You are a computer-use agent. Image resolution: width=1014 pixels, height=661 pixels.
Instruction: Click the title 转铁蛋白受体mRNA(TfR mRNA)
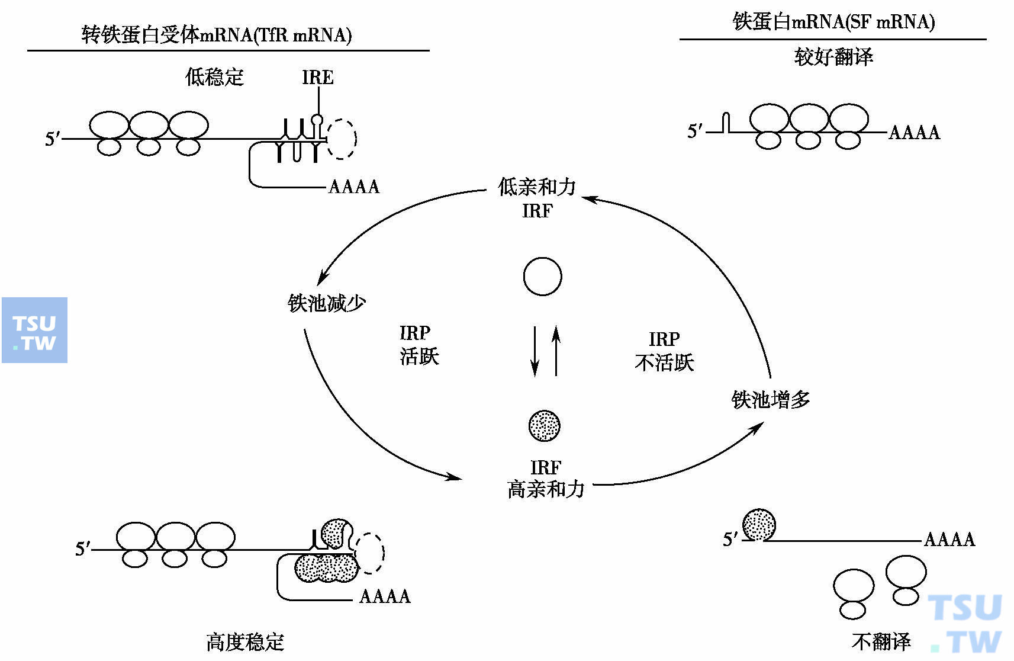[x=217, y=36]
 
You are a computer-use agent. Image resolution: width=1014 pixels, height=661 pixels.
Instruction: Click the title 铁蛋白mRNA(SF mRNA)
[x=833, y=22]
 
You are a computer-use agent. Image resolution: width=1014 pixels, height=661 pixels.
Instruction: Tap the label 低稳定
[x=214, y=77]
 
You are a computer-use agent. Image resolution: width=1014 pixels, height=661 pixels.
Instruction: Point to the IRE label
[x=317, y=78]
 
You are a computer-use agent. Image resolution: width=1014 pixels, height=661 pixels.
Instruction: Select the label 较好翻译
[x=833, y=57]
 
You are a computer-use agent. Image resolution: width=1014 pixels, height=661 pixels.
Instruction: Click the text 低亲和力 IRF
[x=537, y=198]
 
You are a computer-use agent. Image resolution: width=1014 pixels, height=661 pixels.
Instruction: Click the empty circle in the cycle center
[x=542, y=277]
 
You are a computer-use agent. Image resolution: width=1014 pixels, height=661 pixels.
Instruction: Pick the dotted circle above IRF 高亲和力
[x=544, y=425]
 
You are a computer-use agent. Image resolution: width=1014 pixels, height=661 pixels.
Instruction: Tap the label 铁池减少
[x=326, y=303]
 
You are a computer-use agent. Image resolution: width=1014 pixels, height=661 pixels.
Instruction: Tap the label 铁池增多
[x=770, y=400]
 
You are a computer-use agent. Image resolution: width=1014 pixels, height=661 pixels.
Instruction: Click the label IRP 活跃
[x=419, y=345]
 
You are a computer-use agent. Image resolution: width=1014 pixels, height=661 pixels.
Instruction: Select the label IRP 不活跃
[x=664, y=351]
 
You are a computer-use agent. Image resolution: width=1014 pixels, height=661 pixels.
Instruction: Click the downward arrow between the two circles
[x=535, y=350]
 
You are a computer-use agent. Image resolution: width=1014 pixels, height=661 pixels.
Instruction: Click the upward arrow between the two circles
[x=556, y=350]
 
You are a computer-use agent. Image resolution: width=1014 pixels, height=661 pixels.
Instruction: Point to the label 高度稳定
[x=245, y=641]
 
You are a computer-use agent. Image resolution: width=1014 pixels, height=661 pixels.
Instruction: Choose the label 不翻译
[x=881, y=641]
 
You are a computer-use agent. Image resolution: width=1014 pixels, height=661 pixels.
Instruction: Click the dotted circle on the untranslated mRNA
[x=759, y=525]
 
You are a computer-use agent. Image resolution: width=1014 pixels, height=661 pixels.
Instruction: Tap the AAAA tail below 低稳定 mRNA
[x=353, y=187]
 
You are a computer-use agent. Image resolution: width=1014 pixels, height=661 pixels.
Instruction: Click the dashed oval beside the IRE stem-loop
[x=342, y=139]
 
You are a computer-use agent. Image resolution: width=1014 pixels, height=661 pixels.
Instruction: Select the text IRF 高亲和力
[x=545, y=479]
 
